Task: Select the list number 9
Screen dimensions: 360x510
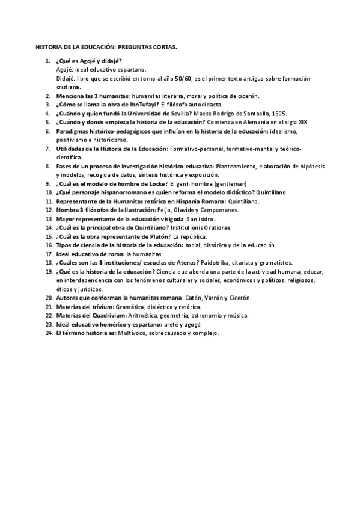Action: coord(47,183)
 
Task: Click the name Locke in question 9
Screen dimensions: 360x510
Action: coord(155,183)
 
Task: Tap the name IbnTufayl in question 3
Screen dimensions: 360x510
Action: coord(131,105)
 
